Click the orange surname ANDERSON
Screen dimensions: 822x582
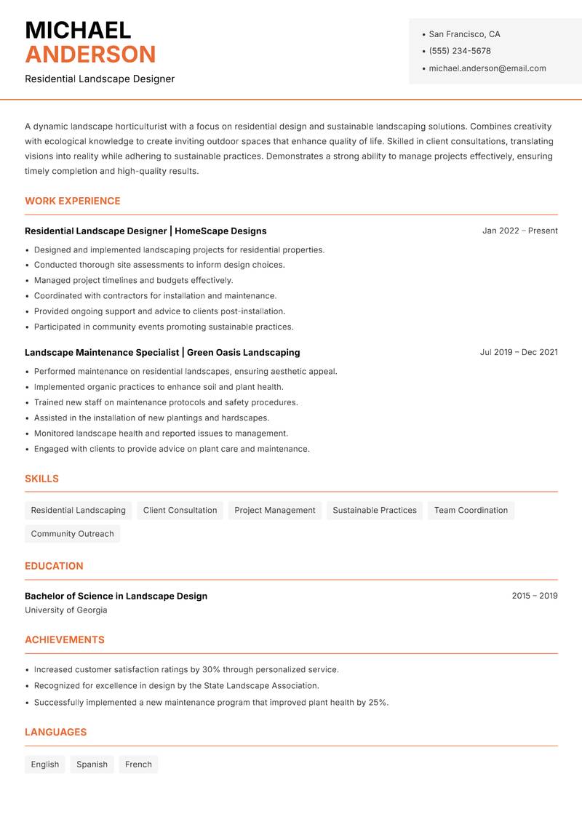tap(90, 55)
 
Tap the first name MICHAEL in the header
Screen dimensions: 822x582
tap(78, 31)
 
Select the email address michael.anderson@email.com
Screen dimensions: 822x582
tap(487, 68)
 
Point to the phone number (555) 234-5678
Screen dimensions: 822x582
tap(459, 51)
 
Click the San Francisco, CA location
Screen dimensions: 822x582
tap(464, 34)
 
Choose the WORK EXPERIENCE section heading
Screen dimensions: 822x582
tap(73, 201)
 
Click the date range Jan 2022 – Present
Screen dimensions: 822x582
tap(519, 231)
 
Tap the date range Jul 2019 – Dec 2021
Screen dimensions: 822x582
tap(519, 352)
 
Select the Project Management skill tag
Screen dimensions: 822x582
tap(275, 510)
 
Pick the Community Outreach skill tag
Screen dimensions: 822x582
tap(73, 534)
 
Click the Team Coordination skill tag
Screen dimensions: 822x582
tap(471, 510)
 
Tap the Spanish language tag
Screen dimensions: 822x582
tap(92, 765)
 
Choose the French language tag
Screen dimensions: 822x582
tap(138, 765)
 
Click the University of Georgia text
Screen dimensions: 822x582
tap(66, 610)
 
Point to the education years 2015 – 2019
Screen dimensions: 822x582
tap(534, 596)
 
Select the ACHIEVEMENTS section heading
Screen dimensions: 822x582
tap(65, 640)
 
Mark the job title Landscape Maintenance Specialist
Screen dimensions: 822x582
tap(102, 352)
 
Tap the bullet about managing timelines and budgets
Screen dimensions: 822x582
tap(133, 280)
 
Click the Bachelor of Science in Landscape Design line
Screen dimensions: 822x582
tap(116, 596)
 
